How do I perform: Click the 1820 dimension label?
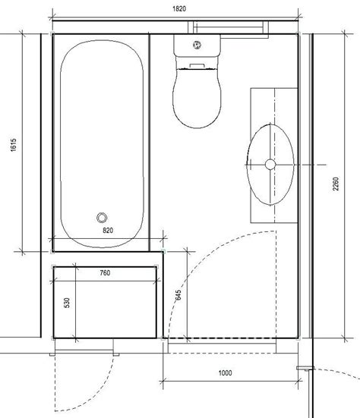[x=179, y=9]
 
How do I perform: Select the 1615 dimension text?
[x=14, y=145]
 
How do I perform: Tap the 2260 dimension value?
[x=336, y=184]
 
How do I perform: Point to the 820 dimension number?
[x=108, y=230]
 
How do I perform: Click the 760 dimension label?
[x=105, y=273]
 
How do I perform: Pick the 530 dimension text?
[x=67, y=303]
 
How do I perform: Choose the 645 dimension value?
[x=178, y=295]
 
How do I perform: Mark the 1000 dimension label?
[x=226, y=372]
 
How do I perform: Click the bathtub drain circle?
[x=102, y=218]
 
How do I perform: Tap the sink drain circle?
[x=270, y=165]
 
